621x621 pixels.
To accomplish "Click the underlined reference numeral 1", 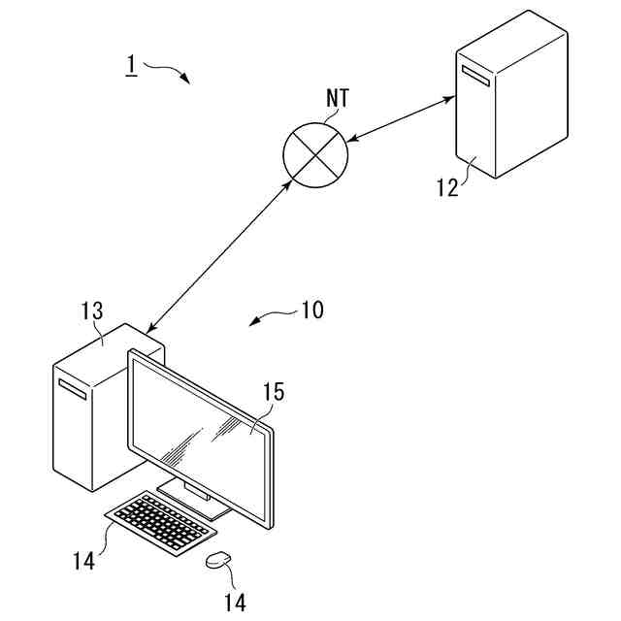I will coord(130,66).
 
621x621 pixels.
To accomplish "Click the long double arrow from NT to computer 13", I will coord(216,258).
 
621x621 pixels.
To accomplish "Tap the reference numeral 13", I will coord(92,311).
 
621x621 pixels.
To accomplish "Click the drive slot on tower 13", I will coord(73,390).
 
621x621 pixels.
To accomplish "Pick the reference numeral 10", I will coord(311,310).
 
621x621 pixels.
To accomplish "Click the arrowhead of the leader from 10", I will coord(253,323).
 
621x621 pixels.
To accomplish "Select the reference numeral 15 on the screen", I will coord(275,392).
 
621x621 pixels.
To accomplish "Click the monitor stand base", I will coord(194,499).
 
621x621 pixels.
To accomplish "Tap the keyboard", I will coord(160,524).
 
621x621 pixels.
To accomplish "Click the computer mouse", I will coord(219,560).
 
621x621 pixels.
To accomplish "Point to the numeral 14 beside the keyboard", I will coord(84,560).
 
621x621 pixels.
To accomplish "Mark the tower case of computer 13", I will coord(87,417).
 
